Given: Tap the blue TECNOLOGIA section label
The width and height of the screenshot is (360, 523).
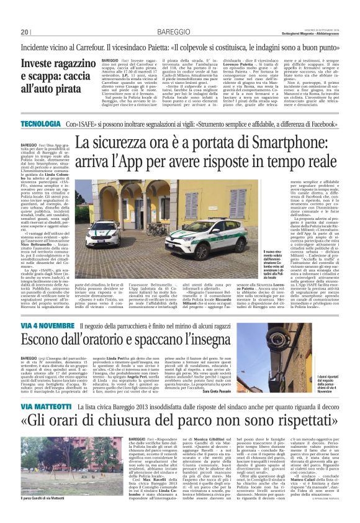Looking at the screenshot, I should pyautogui.click(x=40, y=124).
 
